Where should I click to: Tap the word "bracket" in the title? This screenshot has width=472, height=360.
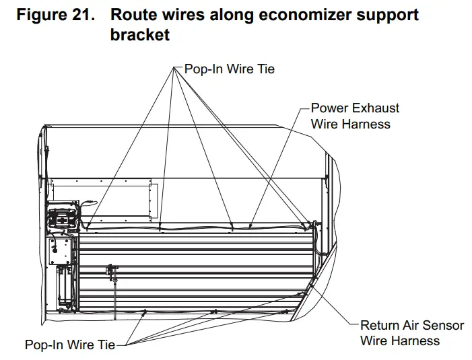click(x=139, y=34)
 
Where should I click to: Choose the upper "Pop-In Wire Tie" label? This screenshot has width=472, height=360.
click(x=229, y=69)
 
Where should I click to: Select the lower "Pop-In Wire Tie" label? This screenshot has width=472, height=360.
click(x=70, y=345)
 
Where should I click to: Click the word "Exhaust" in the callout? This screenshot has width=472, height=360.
click(x=374, y=108)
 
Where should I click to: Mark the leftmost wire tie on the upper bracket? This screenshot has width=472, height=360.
click(x=87, y=229)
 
